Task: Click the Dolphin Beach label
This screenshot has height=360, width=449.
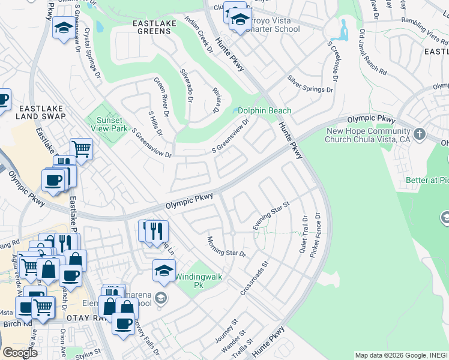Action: [264, 110]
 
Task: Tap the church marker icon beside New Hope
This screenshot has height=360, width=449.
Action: [419, 133]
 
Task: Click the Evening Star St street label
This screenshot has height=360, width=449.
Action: [271, 216]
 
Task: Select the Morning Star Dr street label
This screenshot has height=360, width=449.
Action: [227, 245]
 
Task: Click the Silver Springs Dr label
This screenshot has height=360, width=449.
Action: [310, 84]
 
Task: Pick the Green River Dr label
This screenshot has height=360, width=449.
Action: [160, 93]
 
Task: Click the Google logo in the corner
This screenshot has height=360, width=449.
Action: [20, 352]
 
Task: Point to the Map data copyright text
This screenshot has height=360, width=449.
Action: [401, 355]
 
